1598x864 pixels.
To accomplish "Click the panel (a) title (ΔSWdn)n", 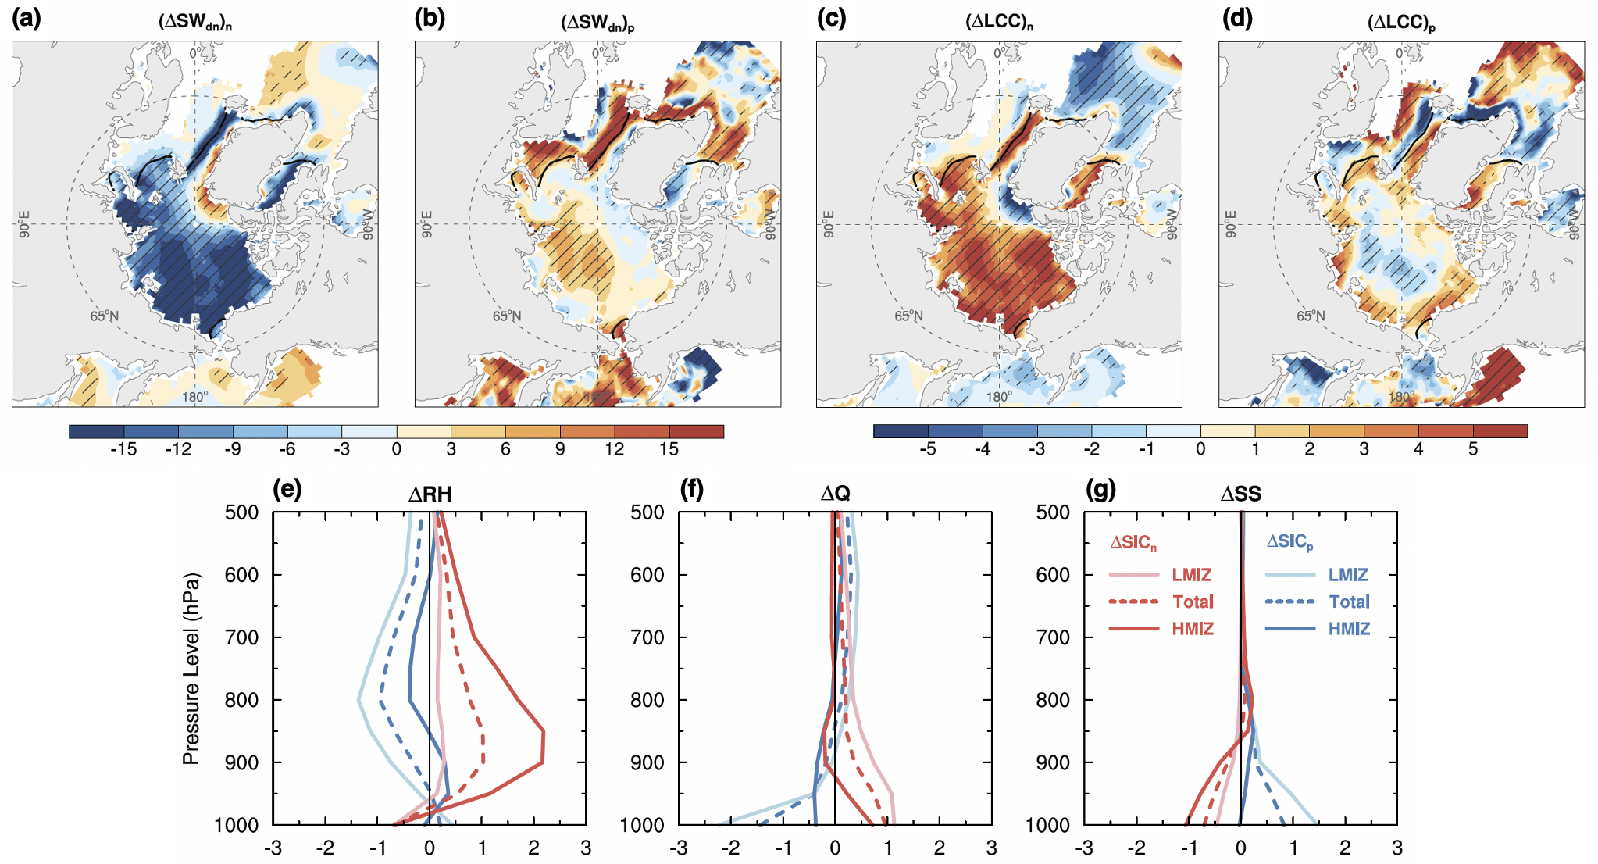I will coord(194,22).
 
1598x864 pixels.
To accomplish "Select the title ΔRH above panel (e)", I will coord(430,494).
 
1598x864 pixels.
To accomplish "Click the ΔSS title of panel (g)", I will coord(1240,494).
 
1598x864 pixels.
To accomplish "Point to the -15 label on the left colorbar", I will coord(123,449).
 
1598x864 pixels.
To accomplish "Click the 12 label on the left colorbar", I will coord(615,449).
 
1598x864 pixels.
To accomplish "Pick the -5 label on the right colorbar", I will coord(927,449).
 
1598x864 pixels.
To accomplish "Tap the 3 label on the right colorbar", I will coord(1364,449).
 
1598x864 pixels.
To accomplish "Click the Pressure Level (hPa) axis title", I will coord(191,669).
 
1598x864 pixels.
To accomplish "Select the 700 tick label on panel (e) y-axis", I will coord(242,637).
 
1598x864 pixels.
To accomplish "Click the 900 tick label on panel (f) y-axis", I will coord(647,762).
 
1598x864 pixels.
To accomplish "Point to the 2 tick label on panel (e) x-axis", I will coord(533,848).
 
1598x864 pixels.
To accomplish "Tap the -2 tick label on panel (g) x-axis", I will coord(1136,848).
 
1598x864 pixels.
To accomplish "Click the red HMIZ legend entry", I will coord(1192,629).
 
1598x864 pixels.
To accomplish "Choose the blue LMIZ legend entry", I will coord(1348,575).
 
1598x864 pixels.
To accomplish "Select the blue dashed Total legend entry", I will coord(1349,602).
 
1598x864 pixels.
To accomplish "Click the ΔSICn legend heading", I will coord(1133,542).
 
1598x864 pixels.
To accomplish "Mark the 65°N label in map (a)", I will coord(105,316).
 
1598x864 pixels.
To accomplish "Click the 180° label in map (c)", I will coord(999,397).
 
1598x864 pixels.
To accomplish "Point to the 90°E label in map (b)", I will coord(426,224).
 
